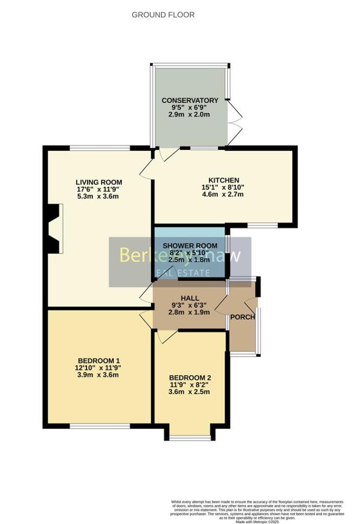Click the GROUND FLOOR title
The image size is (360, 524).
(x=163, y=15)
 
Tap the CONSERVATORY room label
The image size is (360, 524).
(x=190, y=100)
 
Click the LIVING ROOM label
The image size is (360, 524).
(x=99, y=182)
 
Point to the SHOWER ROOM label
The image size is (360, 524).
(x=190, y=246)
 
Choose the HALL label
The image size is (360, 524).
(x=189, y=298)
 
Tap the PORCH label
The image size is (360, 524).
(x=243, y=317)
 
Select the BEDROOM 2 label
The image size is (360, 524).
(x=190, y=378)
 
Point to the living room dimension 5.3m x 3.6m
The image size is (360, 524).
(x=99, y=196)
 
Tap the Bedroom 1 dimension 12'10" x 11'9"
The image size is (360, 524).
(x=97, y=367)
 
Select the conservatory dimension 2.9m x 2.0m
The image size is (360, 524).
(x=190, y=115)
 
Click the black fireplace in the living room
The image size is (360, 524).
(x=53, y=229)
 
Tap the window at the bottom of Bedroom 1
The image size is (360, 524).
(x=99, y=426)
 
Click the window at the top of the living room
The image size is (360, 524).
(x=100, y=148)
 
